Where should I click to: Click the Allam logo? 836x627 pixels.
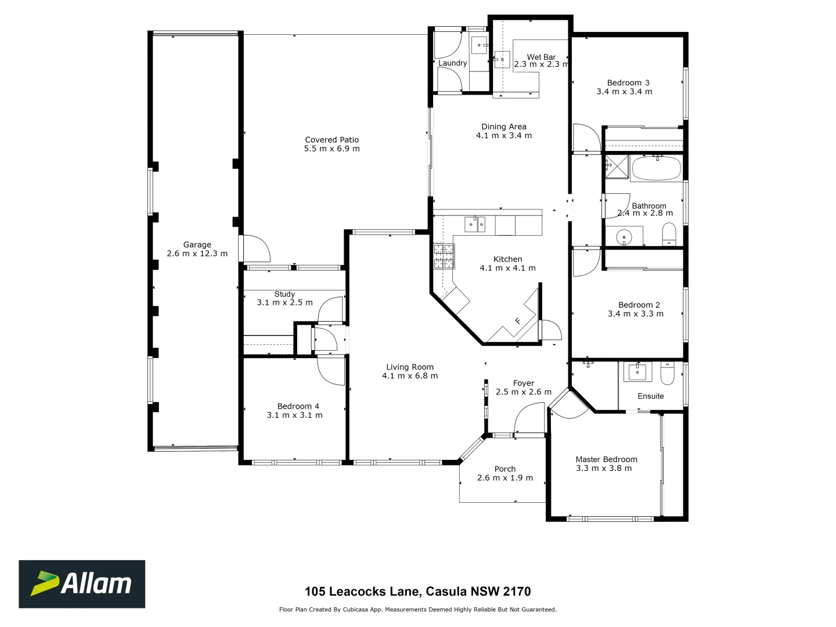tap(82, 584)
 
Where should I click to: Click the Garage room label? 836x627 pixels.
tap(197, 245)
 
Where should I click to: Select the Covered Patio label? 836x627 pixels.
tap(332, 140)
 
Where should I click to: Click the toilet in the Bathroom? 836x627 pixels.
tap(669, 235)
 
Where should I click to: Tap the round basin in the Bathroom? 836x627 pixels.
tap(624, 237)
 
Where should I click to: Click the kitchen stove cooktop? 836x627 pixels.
tap(444, 256)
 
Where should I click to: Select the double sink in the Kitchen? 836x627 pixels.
tap(475, 224)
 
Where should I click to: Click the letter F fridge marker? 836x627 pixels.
tap(517, 321)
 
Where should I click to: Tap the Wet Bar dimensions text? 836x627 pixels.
tap(541, 64)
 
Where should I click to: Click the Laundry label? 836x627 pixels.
tap(452, 63)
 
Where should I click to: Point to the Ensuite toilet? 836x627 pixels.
tap(667, 374)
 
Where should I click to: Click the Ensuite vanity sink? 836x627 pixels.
tap(637, 372)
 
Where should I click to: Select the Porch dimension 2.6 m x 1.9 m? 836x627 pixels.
tap(505, 478)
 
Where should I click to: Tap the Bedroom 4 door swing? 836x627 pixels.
tap(331, 372)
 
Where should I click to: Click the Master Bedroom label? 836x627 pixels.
tap(606, 459)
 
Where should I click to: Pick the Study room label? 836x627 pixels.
tap(284, 294)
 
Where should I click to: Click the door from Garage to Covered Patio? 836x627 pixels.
tap(255, 248)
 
